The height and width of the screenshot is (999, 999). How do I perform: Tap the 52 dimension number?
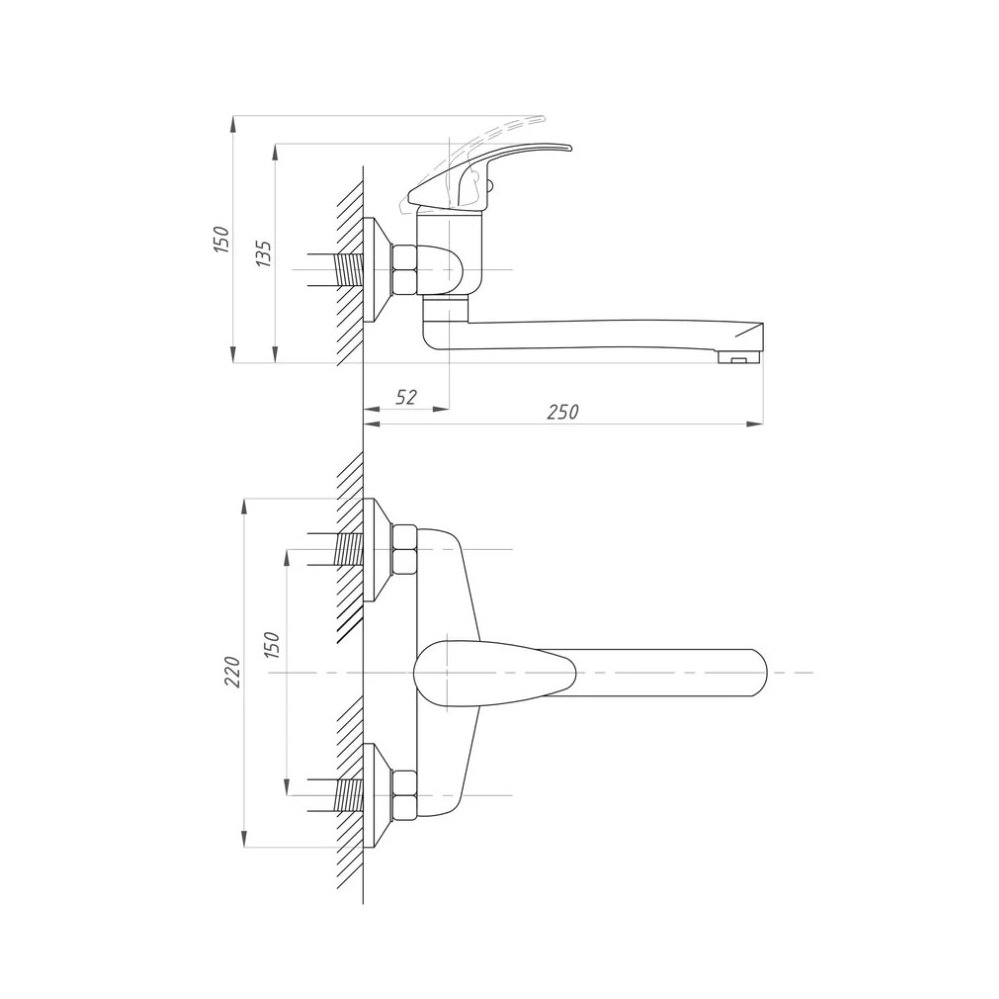click(x=406, y=397)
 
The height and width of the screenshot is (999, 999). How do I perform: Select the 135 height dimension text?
click(x=264, y=254)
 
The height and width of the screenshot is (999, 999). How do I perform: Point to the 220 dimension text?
click(x=232, y=671)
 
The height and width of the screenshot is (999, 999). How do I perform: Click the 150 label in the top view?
click(x=221, y=239)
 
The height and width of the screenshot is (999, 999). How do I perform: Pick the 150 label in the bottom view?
click(x=272, y=645)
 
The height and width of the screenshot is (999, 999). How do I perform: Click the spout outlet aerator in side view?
click(x=739, y=358)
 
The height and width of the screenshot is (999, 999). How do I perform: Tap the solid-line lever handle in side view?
click(x=487, y=174)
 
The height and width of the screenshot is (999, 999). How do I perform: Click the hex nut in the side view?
click(x=404, y=270)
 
